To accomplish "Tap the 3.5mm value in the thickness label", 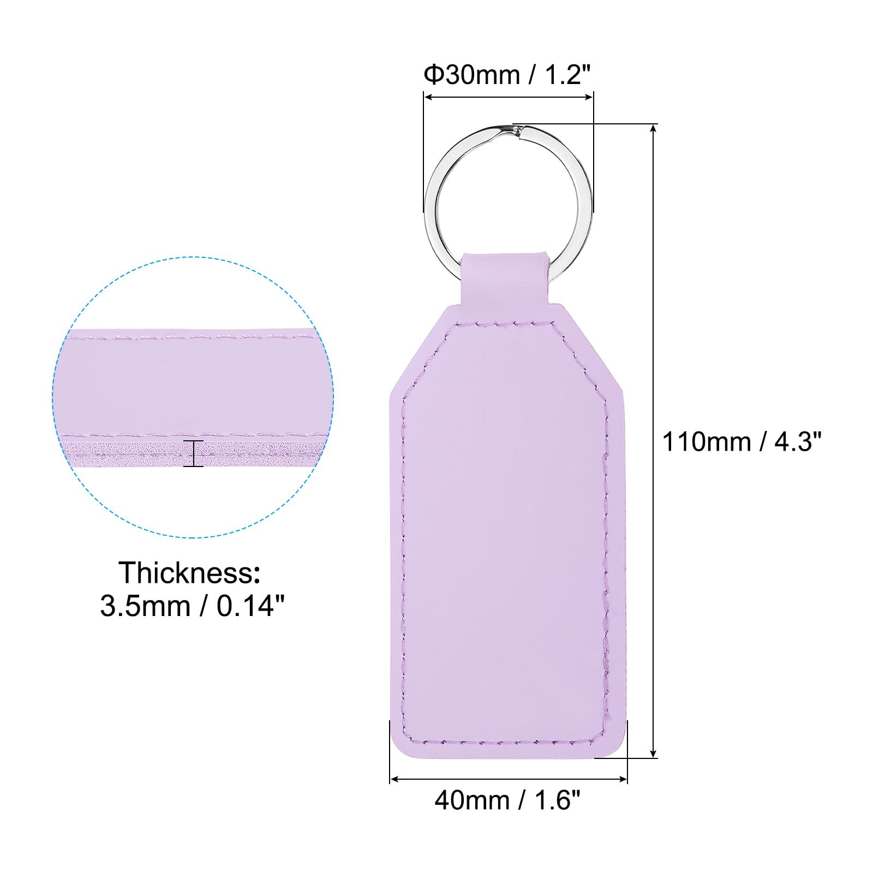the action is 145,606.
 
